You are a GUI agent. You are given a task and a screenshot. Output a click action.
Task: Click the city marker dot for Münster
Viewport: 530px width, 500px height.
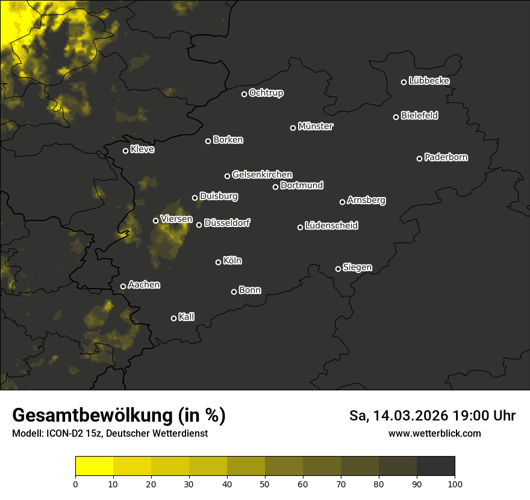point(293,128)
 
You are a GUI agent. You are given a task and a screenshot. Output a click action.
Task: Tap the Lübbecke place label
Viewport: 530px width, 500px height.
point(429,81)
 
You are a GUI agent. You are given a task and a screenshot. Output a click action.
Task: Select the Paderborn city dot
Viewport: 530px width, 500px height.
point(420,158)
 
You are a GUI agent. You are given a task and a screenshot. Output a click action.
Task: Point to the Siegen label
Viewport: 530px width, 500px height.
point(357,267)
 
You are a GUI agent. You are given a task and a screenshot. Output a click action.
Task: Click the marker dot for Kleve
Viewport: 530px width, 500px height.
point(126,151)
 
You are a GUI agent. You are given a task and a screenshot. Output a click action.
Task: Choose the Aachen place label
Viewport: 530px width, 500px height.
point(144,285)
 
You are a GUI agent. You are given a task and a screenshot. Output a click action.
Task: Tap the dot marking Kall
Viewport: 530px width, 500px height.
point(174,318)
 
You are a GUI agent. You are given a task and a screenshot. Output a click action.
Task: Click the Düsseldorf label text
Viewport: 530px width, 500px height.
point(227,223)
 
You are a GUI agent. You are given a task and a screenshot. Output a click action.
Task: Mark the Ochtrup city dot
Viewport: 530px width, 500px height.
point(245,94)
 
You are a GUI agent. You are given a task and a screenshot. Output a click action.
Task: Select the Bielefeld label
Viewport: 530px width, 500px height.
point(419,115)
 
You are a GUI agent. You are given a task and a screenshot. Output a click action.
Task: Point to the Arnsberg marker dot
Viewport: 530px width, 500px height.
point(343,202)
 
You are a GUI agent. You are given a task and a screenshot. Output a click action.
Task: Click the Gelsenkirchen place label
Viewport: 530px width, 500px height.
point(262,175)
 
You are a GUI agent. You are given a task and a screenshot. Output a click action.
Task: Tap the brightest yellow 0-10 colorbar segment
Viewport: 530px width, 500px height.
point(94,466)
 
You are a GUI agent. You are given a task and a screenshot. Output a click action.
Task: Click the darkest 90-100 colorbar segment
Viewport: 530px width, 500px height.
point(435,466)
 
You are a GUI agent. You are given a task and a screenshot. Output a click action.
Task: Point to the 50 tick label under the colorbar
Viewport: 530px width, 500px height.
point(265,483)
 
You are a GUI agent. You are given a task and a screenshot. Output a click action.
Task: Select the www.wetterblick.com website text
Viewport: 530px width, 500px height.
point(434,433)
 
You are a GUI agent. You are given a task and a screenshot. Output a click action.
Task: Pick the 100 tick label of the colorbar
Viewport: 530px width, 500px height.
point(455,483)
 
